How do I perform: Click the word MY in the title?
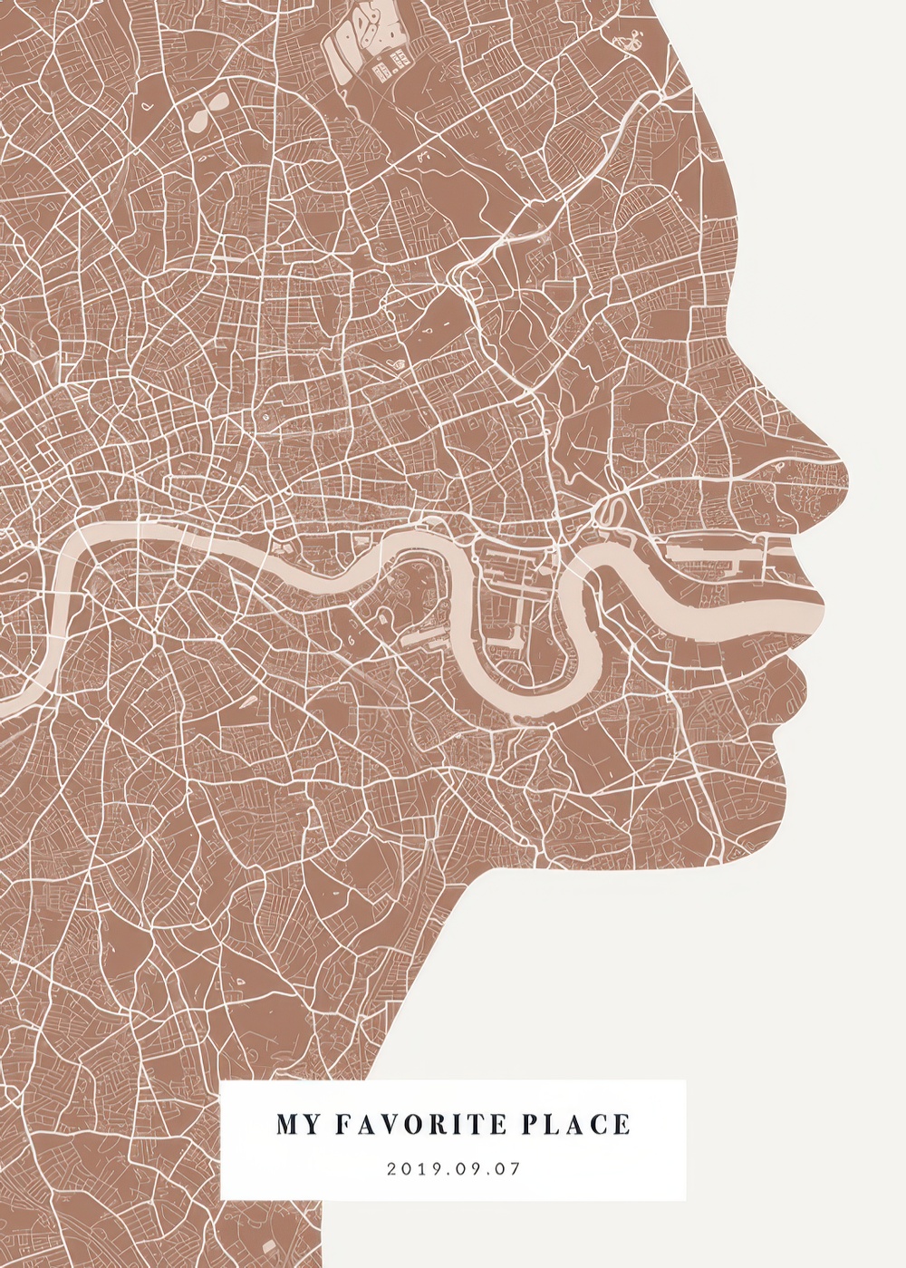pyautogui.click(x=297, y=1125)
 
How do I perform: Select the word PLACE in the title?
pyautogui.click(x=576, y=1125)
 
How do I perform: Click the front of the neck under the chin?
pyautogui.click(x=453, y=915)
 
